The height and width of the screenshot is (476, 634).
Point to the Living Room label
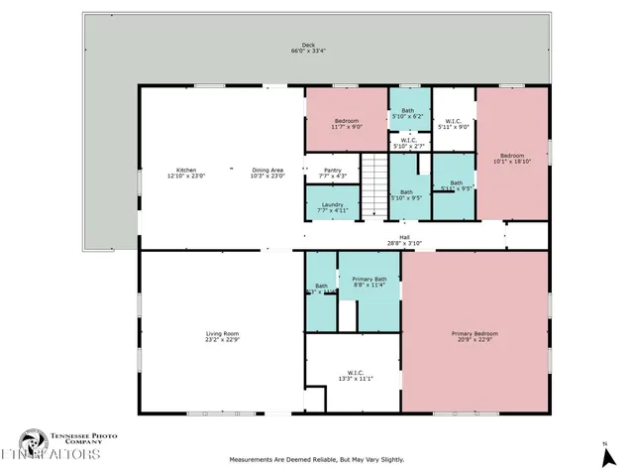[x=223, y=336]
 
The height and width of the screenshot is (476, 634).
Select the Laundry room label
[x=332, y=206]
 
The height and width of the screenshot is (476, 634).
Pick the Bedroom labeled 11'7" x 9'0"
[x=346, y=123]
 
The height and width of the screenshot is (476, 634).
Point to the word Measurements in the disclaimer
[x=253, y=459]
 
